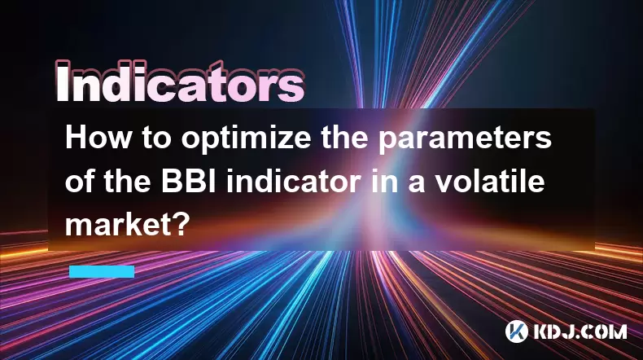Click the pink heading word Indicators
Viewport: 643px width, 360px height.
click(x=180, y=82)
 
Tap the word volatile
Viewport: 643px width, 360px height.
click(x=490, y=182)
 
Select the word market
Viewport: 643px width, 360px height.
click(x=122, y=226)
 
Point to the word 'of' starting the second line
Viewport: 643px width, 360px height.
click(x=80, y=182)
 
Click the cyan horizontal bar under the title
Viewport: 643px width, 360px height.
click(x=102, y=272)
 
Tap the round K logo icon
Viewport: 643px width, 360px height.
click(x=517, y=331)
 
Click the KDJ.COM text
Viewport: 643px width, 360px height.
click(x=580, y=331)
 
